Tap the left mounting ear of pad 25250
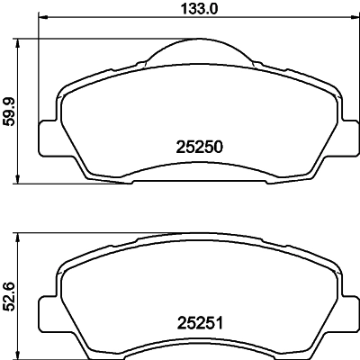[49, 135]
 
